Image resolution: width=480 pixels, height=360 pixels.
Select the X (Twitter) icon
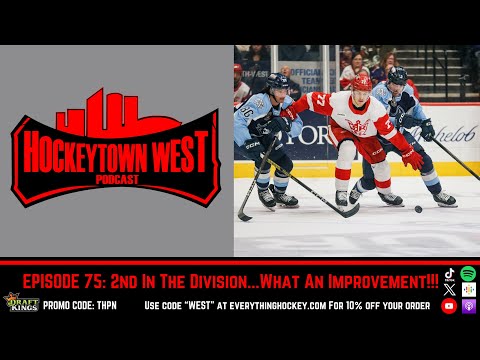coord(450,289)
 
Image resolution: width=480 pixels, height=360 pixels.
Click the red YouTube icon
coord(450,306)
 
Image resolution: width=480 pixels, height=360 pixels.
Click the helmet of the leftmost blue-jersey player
coord(276,81)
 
